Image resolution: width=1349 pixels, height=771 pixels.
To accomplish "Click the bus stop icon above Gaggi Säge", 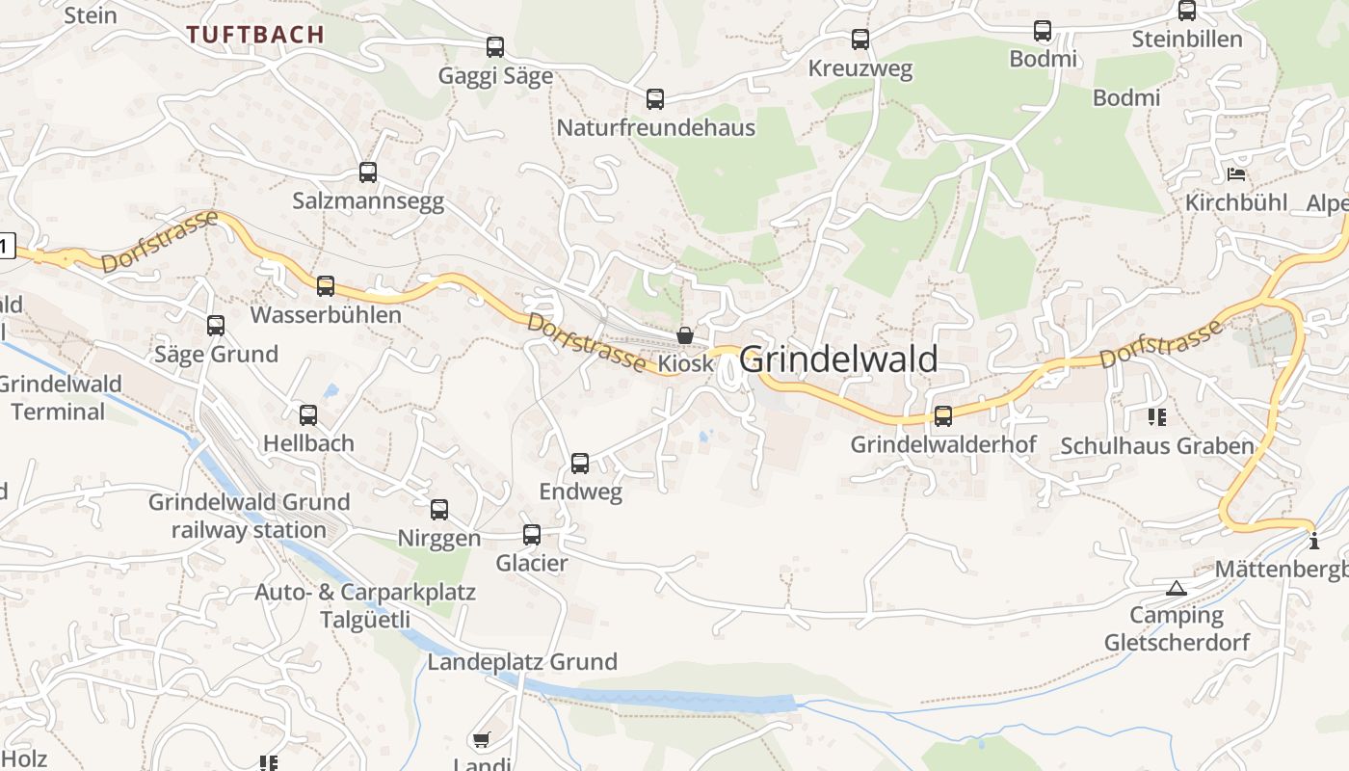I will [495, 46].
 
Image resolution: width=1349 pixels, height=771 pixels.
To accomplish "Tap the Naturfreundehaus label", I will [655, 127].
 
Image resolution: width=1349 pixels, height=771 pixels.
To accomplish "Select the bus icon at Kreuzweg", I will [860, 40].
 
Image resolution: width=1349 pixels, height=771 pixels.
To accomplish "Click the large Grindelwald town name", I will [838, 359].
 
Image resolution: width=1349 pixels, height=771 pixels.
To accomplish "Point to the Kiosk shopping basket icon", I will [684, 335].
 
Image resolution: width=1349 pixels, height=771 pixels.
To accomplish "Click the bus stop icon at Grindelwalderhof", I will [943, 416].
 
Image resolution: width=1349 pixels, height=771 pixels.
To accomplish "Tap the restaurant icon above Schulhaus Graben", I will [1156, 417].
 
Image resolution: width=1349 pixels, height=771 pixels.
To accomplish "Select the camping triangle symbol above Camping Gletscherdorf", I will [1176, 588].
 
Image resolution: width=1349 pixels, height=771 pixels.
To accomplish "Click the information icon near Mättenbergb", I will [1314, 542].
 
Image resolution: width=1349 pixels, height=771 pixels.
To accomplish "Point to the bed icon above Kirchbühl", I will [1236, 174].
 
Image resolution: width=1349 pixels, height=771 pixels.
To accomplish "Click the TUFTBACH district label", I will [255, 35].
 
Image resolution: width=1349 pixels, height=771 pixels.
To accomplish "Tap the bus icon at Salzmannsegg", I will [368, 173].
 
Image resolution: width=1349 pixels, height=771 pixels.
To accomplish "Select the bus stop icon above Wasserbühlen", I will [326, 286].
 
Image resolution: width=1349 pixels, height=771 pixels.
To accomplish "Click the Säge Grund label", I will [216, 354].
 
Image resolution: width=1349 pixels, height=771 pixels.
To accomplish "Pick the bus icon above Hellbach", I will [308, 415].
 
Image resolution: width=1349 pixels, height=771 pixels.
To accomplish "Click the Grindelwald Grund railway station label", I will [249, 516].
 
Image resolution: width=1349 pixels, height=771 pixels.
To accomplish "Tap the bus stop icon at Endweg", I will [580, 464].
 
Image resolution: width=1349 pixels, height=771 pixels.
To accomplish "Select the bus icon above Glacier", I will [532, 535].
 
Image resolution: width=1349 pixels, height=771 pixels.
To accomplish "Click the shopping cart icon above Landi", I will [481, 739].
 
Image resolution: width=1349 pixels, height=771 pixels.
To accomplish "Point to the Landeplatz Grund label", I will [522, 662].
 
